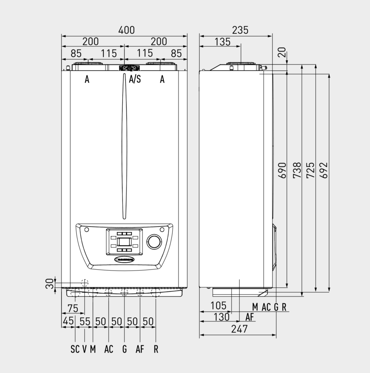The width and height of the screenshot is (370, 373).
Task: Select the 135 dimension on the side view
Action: tap(222, 42)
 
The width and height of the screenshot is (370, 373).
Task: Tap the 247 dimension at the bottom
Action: tap(239, 329)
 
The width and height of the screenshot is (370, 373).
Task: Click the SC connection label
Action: tap(75, 349)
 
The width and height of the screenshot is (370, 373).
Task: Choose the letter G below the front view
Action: tap(125, 349)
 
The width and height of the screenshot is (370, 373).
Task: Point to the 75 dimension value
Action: tap(73, 308)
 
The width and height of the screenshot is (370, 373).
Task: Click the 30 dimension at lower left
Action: tap(49, 284)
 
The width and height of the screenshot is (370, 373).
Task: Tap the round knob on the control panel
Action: tap(154, 242)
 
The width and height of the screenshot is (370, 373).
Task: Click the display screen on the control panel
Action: tap(124, 242)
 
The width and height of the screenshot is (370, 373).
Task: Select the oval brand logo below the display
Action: tap(124, 259)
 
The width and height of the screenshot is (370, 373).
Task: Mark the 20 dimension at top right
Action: tap(282, 52)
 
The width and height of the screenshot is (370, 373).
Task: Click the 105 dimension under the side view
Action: tap(219, 306)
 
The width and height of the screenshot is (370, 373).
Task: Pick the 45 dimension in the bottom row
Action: tap(68, 321)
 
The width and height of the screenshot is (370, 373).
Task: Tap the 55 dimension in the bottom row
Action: tap(84, 321)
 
